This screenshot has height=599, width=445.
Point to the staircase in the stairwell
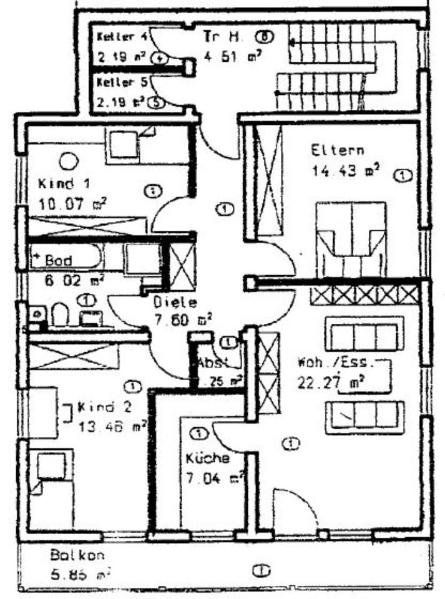(x=337, y=66)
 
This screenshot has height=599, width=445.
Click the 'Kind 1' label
(x=64, y=184)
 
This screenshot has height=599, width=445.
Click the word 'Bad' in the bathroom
(x=58, y=260)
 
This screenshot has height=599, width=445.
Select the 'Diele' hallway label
(x=175, y=303)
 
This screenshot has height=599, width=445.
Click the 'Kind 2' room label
(x=104, y=409)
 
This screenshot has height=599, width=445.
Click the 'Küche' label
(x=208, y=459)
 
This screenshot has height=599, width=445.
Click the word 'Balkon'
(x=77, y=554)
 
